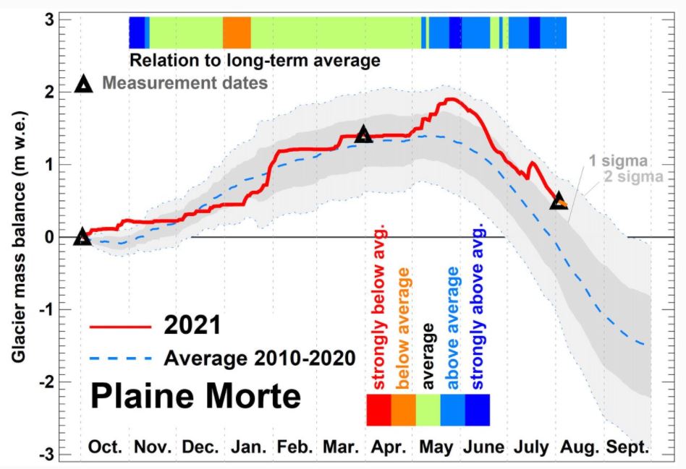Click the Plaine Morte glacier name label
click(x=195, y=397)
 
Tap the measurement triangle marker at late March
click(x=363, y=134)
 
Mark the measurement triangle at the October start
click(x=82, y=237)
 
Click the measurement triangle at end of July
click(x=558, y=202)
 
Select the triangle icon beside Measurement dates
click(x=85, y=85)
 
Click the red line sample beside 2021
click(x=120, y=327)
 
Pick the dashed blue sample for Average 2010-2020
click(x=120, y=358)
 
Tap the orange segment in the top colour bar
click(x=237, y=33)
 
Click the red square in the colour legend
click(x=379, y=410)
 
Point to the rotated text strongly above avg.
click(x=477, y=307)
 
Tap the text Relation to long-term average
click(x=255, y=60)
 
